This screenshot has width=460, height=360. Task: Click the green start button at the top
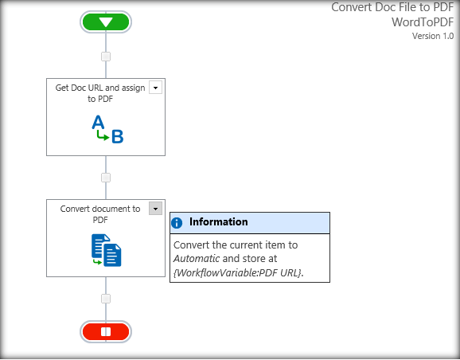[106, 22]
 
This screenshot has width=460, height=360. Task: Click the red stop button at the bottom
[105, 331]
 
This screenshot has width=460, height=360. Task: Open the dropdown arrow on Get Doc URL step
[155, 88]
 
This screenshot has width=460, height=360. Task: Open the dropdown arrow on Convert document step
[155, 209]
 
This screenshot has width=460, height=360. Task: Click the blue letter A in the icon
[98, 122]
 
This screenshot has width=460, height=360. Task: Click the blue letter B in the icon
[117, 137]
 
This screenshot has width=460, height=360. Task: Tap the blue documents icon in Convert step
[106, 250]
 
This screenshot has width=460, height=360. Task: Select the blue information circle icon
[177, 223]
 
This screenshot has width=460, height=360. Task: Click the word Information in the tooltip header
[218, 222]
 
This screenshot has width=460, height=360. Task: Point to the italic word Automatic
[196, 259]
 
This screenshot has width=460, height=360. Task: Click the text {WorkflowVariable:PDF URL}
[237, 272]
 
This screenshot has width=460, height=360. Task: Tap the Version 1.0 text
[433, 36]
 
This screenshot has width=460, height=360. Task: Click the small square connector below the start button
[106, 57]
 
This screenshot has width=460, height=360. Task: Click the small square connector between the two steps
[106, 178]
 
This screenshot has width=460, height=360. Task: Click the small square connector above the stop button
[106, 299]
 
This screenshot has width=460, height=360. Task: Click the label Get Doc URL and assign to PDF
[100, 93]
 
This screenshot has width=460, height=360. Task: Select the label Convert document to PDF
[100, 214]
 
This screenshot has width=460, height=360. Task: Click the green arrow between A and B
[102, 136]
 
